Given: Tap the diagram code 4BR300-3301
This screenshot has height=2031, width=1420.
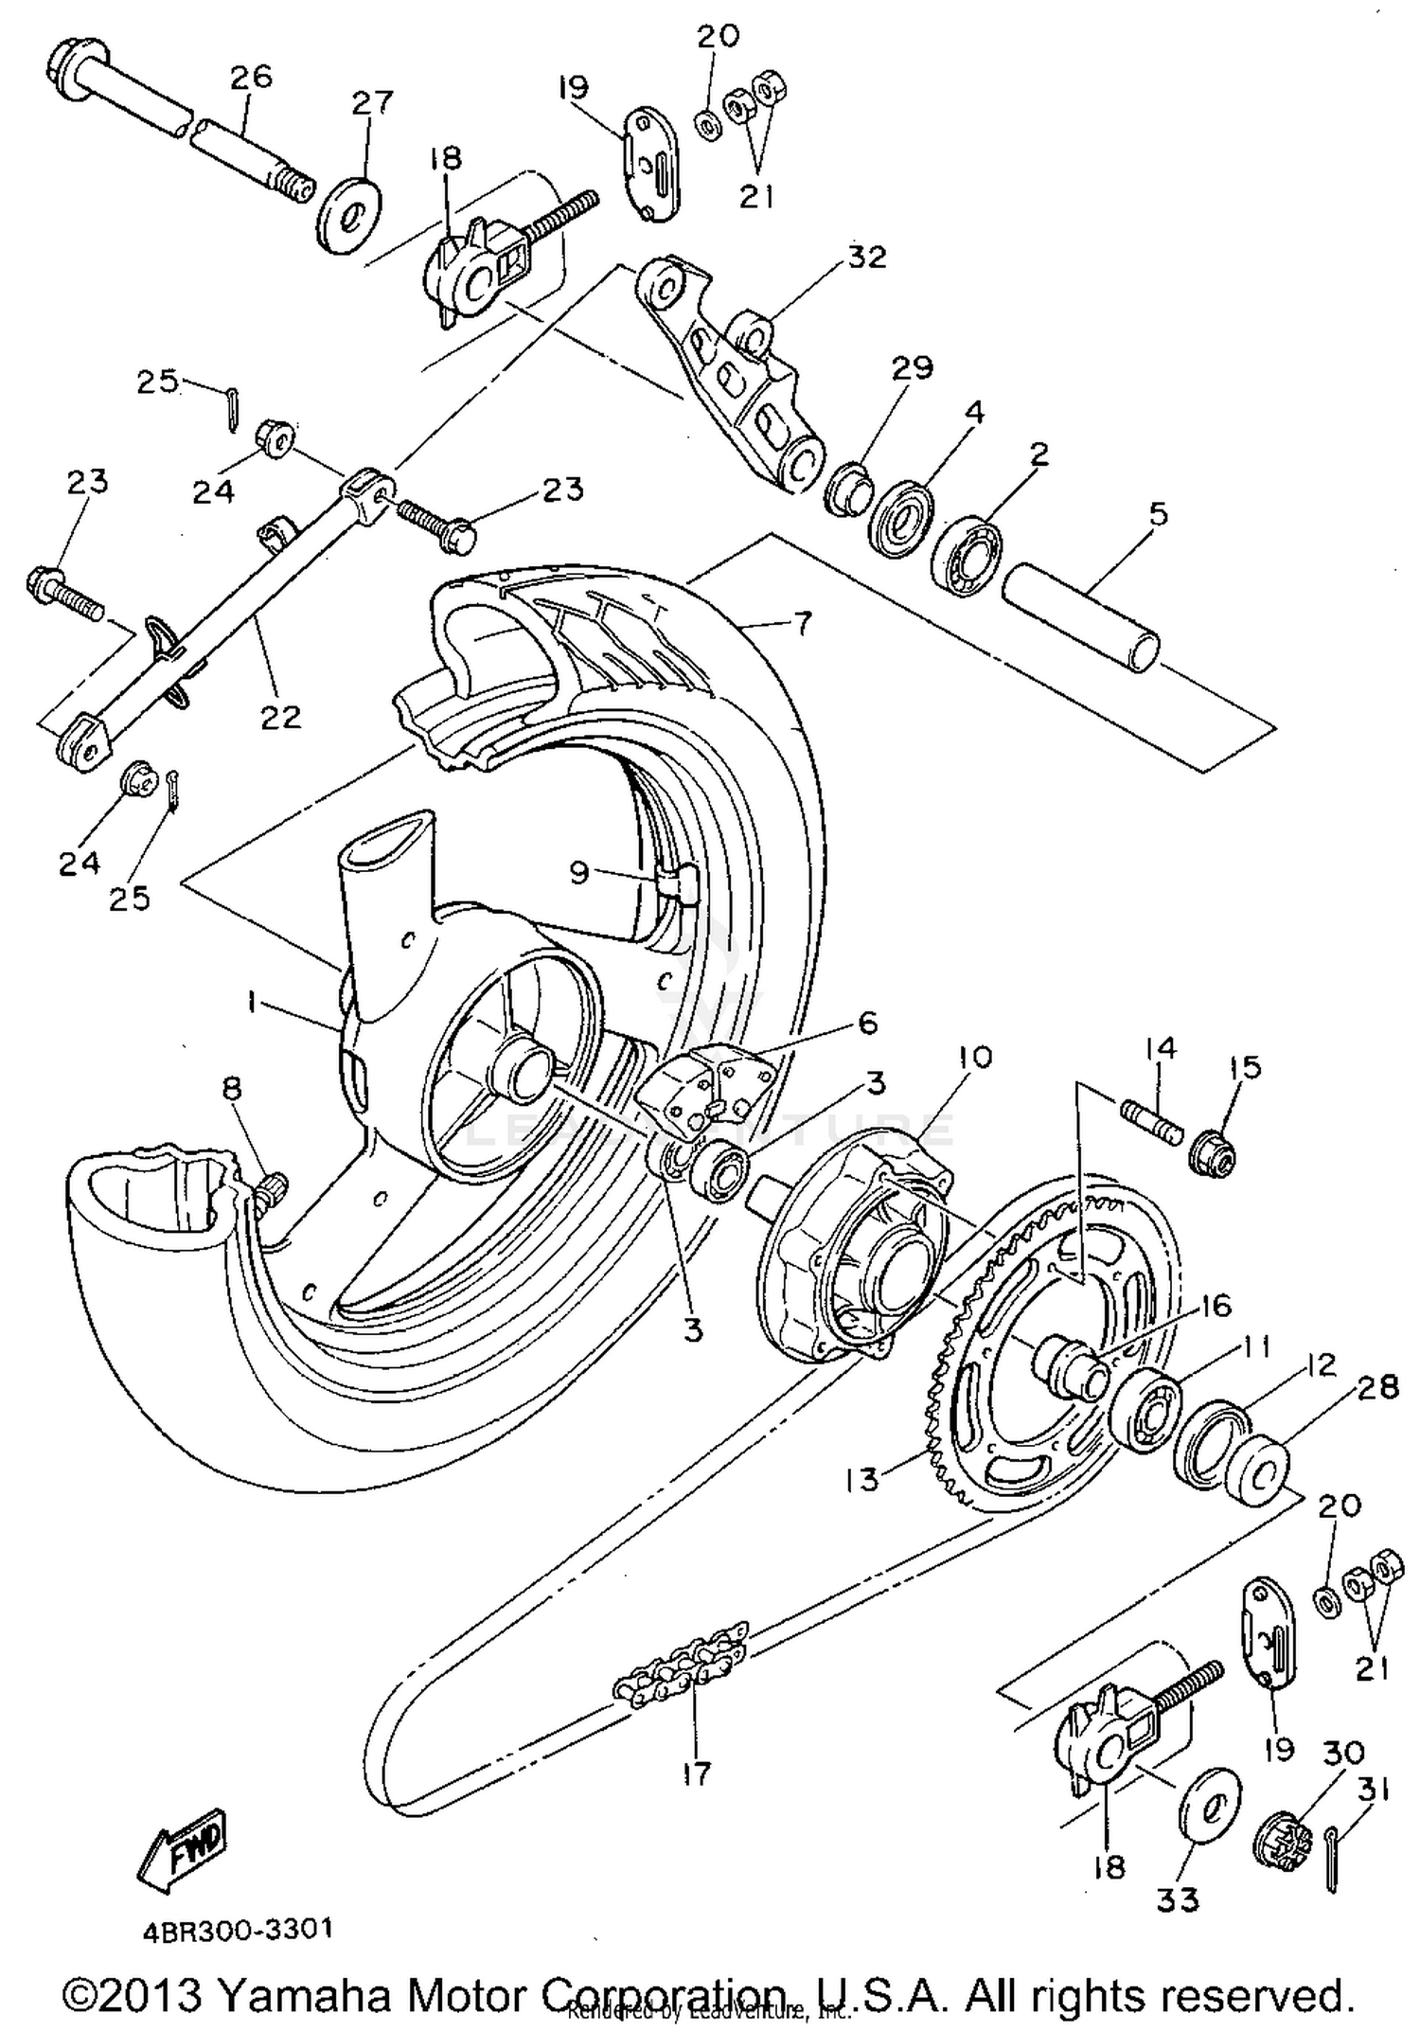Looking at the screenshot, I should tap(238, 1930).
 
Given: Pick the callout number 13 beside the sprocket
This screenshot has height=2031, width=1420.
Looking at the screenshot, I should tap(862, 1479).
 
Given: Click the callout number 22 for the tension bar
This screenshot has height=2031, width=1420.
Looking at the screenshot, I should tap(281, 716).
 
